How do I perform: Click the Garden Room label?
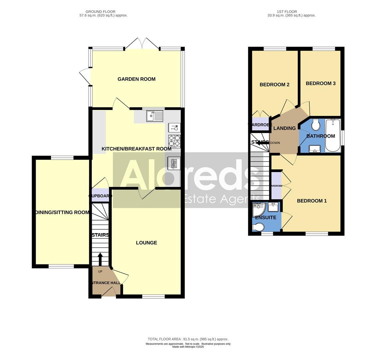tap(136, 79)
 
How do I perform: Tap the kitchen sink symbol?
tap(154, 116)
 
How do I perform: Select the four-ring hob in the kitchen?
tap(174, 141)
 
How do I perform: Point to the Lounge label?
tap(146, 243)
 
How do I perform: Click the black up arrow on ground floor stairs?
tap(100, 259)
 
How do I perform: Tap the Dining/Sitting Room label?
tap(62, 212)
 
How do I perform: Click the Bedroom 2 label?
tap(274, 85)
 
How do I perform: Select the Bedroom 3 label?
tap(321, 83)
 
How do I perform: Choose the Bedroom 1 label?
tap(312, 201)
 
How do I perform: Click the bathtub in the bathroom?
tap(333, 135)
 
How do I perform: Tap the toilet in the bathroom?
tap(315, 125)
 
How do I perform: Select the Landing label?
tap(284, 128)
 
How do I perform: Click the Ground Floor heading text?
tap(103, 13)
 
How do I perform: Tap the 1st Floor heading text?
tap(291, 13)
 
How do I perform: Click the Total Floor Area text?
tap(188, 339)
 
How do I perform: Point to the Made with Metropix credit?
tap(188, 347)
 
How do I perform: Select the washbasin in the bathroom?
tap(315, 149)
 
